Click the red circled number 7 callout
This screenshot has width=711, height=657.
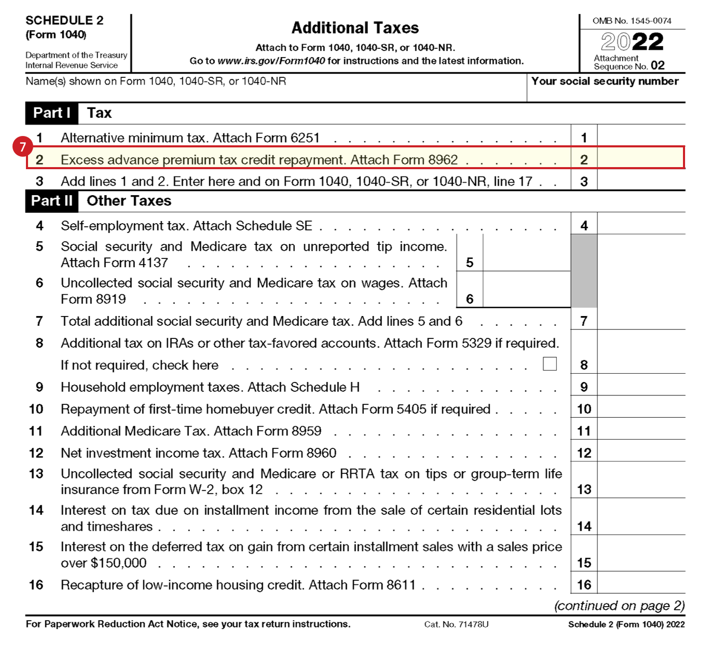coord(22,147)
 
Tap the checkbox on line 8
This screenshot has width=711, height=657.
coord(550,364)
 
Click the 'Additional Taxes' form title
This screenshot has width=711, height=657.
coord(355,28)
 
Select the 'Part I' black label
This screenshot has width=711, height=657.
coord(51,113)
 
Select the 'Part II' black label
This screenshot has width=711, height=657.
coord(51,201)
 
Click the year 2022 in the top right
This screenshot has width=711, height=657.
coord(632,42)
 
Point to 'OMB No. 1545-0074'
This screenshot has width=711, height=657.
coord(632,21)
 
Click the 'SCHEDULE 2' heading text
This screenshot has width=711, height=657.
coord(64,20)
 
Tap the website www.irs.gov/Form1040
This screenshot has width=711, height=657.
coord(271,61)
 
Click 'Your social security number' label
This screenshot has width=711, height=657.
coord(605,81)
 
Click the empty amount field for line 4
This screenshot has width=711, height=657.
coord(641,225)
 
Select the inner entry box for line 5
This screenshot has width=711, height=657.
coord(526,253)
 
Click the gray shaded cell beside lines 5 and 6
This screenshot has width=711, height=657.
coord(584,270)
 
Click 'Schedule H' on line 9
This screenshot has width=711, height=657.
coord(325,387)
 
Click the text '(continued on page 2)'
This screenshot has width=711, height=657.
coord(620,606)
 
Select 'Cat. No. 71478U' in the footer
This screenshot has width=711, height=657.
coord(456,624)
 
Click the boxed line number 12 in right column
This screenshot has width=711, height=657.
coord(584,453)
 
